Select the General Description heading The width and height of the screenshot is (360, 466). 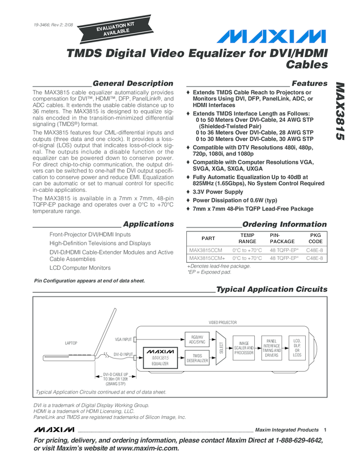click(x=133, y=83)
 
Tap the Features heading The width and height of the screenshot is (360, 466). click(x=310, y=83)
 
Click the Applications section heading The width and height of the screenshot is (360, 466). click(x=148, y=224)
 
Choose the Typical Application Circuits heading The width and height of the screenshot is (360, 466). click(x=272, y=289)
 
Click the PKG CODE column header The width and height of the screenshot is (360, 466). click(x=315, y=238)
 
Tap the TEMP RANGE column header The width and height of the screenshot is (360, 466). click(x=247, y=238)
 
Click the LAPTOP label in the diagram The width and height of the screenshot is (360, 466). click(x=71, y=343)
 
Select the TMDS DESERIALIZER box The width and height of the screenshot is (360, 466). click(x=197, y=359)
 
